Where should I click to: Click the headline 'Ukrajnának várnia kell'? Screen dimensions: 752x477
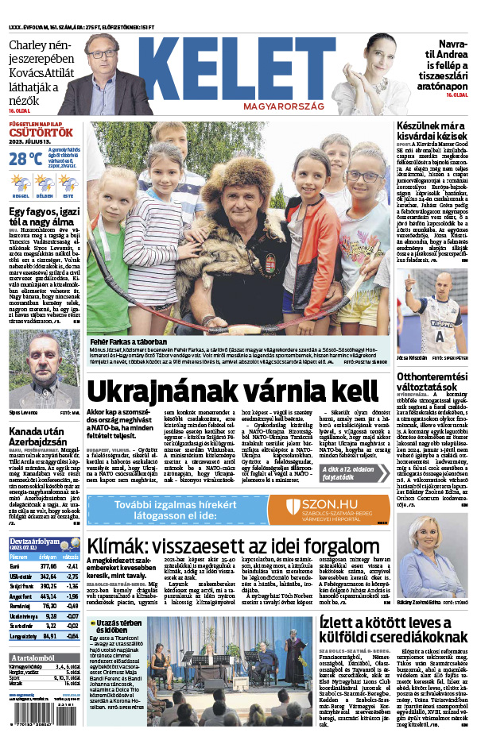pos(232,391)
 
